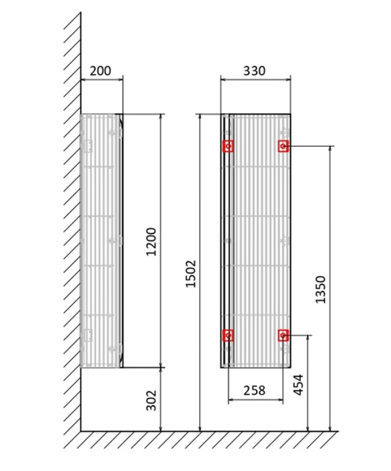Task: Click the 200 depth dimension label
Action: coord(100,71)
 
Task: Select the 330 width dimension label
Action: coord(254,71)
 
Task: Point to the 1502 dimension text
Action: coord(192,273)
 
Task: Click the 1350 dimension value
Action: coord(320,289)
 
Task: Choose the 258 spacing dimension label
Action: coord(254,390)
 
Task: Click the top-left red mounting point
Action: coord(228,146)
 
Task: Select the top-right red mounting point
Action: coord(283,146)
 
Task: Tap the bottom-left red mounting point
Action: coord(228,335)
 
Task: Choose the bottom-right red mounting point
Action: coord(283,335)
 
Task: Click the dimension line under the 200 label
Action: coord(100,80)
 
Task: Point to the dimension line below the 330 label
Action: coord(254,80)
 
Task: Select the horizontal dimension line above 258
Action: coord(254,400)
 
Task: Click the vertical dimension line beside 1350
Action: coord(330,235)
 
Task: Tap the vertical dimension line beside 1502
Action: coord(202,196)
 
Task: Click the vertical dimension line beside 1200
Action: coord(161,181)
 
